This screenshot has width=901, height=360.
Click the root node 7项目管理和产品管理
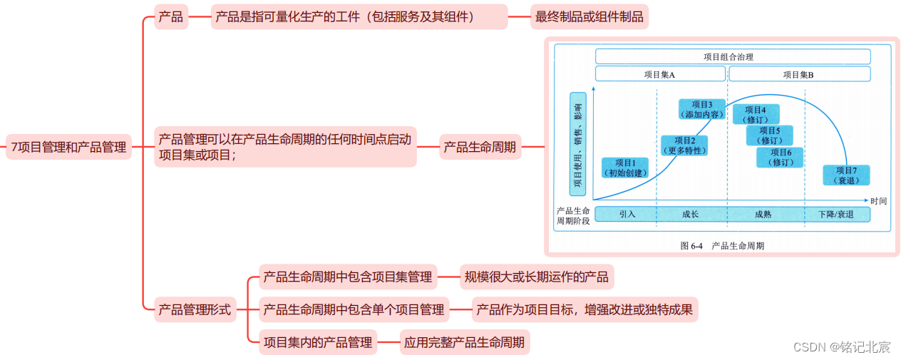[68, 148]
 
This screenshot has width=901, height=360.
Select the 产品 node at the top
[171, 17]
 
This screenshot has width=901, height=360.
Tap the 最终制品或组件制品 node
[589, 17]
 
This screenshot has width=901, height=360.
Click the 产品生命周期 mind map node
[480, 148]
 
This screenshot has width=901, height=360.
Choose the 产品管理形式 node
[195, 309]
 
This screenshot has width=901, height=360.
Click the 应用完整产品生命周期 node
[464, 342]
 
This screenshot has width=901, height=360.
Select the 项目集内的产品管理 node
[317, 342]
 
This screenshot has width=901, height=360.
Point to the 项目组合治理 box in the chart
[732, 56]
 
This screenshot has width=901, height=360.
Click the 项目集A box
[659, 74]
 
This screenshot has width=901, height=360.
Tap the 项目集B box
[798, 74]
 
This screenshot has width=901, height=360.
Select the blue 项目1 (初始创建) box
[625, 168]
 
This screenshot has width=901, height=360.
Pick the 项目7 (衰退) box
[845, 175]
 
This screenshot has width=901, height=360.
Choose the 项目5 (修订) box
[769, 135]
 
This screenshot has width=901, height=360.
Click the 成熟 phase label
[763, 214]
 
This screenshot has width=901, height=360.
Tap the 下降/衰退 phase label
[835, 214]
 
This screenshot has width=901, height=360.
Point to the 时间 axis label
[878, 201]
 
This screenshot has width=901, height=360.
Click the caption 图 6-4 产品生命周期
[722, 245]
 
